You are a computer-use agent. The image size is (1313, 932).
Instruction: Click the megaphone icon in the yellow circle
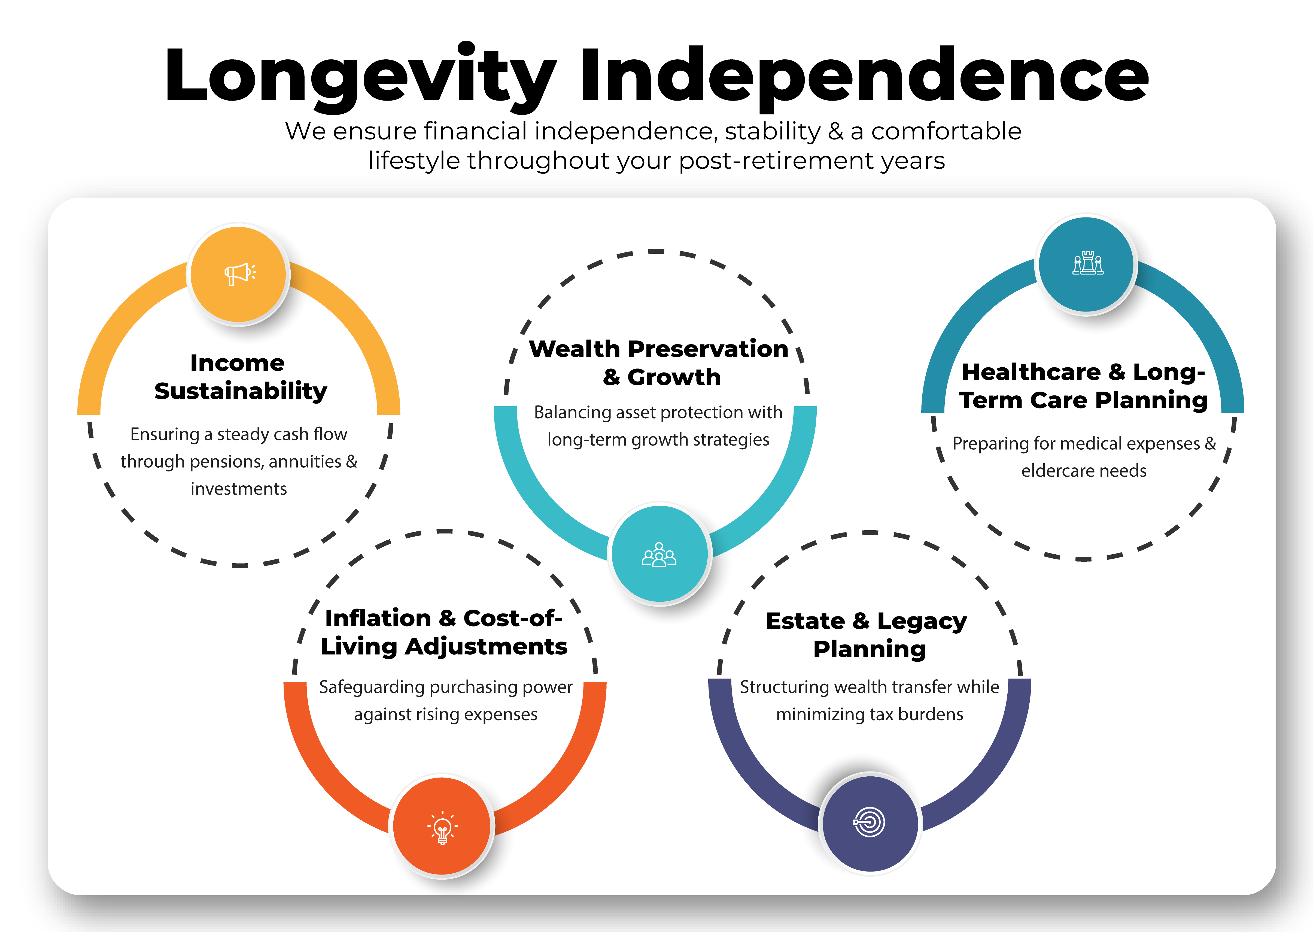[240, 274]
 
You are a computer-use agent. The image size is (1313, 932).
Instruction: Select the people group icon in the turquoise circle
[659, 555]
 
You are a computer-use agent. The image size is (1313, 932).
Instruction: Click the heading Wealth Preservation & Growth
[659, 363]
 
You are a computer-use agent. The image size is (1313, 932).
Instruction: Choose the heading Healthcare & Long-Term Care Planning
[1084, 386]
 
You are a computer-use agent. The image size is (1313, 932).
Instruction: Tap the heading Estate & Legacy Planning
[867, 635]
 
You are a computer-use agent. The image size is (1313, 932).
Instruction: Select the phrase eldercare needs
[1084, 471]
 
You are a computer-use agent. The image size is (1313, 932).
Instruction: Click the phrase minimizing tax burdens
[870, 714]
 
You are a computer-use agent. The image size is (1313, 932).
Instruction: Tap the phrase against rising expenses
[446, 715]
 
